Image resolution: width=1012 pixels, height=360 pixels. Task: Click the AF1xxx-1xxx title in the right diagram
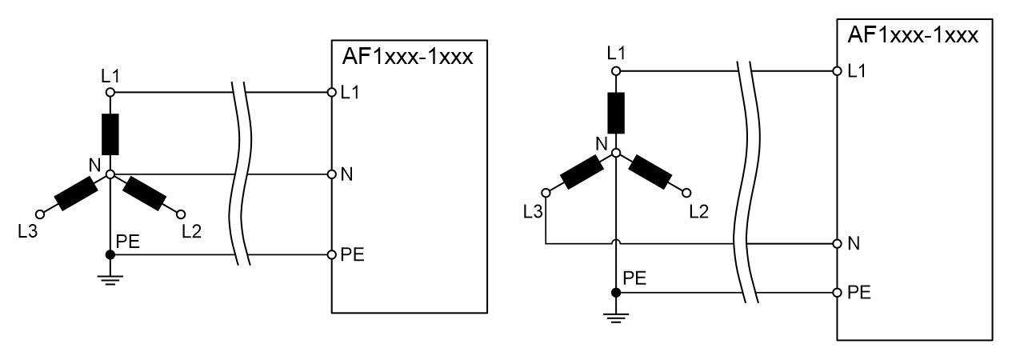pyautogui.click(x=912, y=36)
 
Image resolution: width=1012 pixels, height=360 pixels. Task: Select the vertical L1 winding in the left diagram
pyautogui.click(x=110, y=134)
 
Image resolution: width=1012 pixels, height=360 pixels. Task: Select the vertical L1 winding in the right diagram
pyautogui.click(x=615, y=113)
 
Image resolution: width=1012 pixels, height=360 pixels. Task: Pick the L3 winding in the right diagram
pyautogui.click(x=581, y=172)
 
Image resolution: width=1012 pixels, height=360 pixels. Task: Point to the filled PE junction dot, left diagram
pyautogui.click(x=110, y=254)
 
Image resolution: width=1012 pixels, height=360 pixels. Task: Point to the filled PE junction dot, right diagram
pyautogui.click(x=615, y=292)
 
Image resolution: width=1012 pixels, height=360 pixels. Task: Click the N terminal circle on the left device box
pyautogui.click(x=331, y=174)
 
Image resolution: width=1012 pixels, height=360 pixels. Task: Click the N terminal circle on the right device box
pyautogui.click(x=837, y=242)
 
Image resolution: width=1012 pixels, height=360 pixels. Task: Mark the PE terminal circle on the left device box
pyautogui.click(x=331, y=254)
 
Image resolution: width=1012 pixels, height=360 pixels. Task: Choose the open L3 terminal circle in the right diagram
pyautogui.click(x=546, y=192)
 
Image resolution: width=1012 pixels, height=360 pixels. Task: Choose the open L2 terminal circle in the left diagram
pyautogui.click(x=180, y=214)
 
